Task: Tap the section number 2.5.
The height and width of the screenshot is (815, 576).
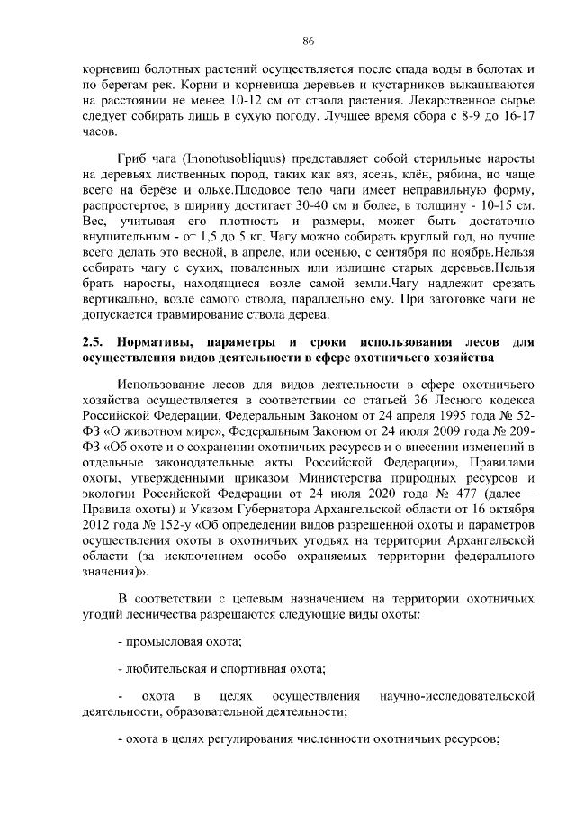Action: coord(91,341)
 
